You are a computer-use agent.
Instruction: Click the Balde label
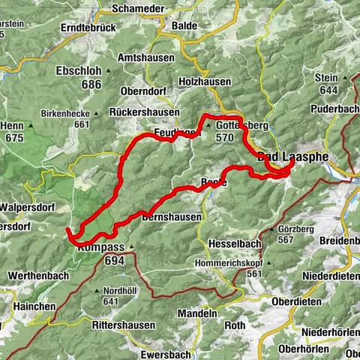coord(184,25)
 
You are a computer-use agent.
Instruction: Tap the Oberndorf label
coord(147,91)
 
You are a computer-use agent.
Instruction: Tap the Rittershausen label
coord(123,325)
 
